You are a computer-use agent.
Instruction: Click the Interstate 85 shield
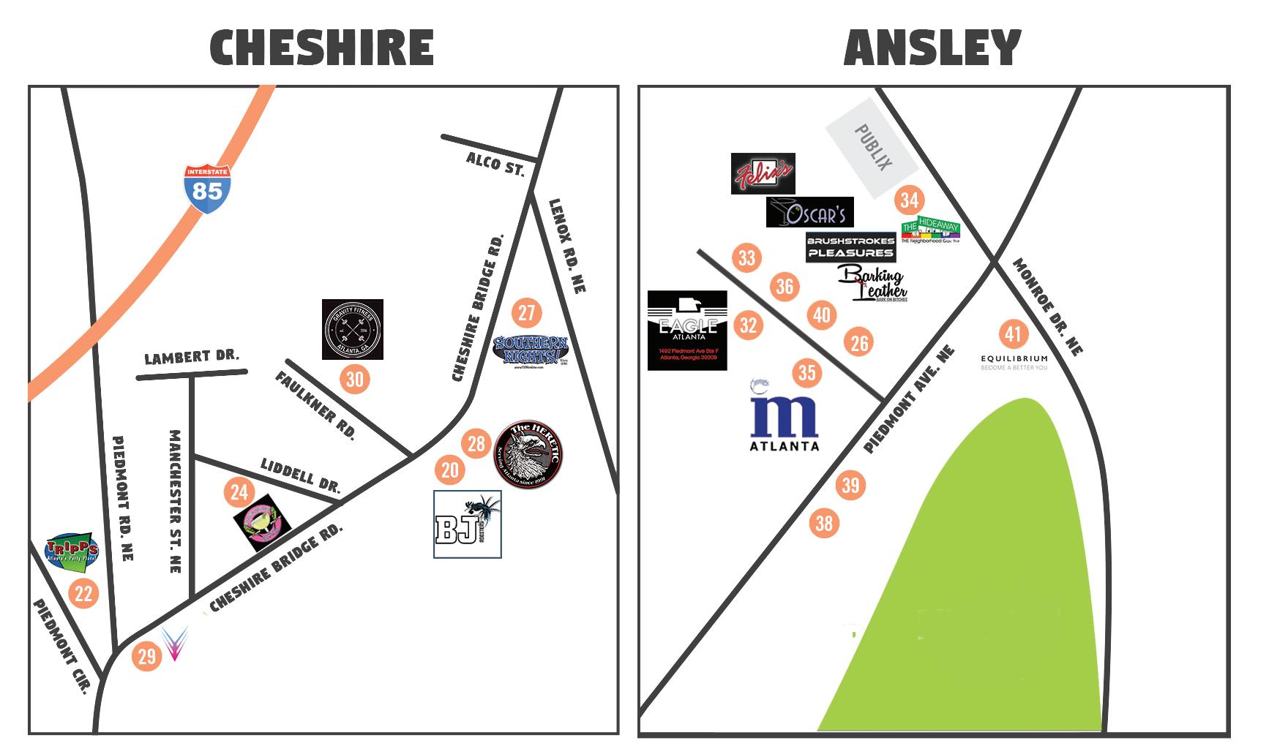point(208,188)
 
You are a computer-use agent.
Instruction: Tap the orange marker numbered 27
point(526,313)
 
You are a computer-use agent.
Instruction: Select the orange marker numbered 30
point(354,379)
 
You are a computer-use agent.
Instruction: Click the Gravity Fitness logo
point(353,329)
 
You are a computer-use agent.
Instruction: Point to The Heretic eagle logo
point(529,456)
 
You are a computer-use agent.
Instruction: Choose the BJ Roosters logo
point(468,524)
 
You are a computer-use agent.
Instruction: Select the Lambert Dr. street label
point(192,358)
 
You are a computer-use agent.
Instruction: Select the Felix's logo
point(763,173)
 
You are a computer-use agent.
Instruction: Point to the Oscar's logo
point(809,212)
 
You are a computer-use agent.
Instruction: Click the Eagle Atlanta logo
point(687,330)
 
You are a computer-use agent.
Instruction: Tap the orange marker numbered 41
point(1013,334)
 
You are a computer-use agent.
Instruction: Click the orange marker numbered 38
point(824,523)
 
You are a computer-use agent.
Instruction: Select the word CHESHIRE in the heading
point(322,48)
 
